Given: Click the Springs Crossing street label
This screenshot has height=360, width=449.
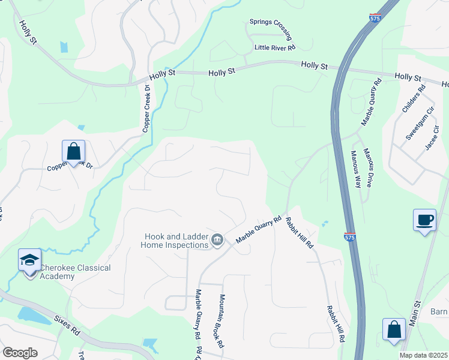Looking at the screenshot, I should click(x=270, y=27).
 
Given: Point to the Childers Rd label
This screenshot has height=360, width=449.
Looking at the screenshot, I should click(x=414, y=99).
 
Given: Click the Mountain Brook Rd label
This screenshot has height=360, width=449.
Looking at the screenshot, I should click(x=221, y=322).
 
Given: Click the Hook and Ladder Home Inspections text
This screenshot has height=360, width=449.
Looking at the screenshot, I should click(x=175, y=241).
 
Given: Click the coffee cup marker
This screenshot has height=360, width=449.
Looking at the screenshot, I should click(x=425, y=220).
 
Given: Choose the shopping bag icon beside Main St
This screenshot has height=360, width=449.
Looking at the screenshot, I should click(x=394, y=329).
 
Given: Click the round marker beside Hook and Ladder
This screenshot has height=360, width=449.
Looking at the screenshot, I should click(x=217, y=241).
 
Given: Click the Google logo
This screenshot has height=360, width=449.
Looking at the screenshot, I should click(x=20, y=353).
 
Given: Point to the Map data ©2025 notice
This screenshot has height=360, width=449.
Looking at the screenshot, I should click(x=423, y=355).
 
